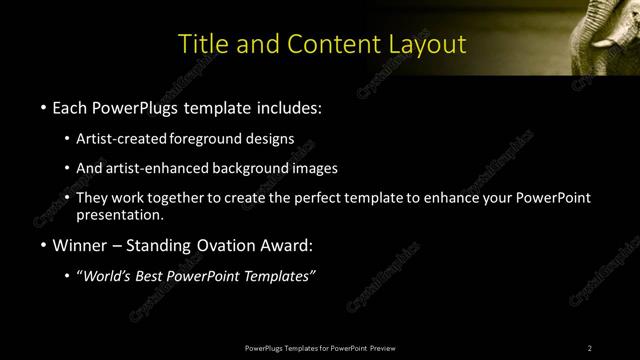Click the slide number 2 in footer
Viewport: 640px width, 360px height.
tap(590, 348)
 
